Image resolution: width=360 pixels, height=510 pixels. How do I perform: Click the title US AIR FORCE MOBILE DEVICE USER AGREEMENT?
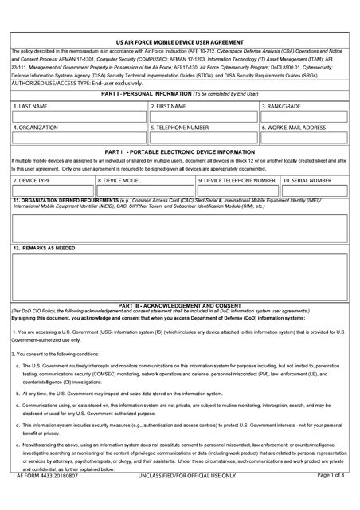pyautogui.click(x=179, y=42)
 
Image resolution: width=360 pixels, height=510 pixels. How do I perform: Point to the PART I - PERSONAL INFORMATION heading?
pyautogui.click(x=179, y=94)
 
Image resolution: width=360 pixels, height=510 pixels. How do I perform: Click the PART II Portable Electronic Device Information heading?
pyautogui.click(x=179, y=151)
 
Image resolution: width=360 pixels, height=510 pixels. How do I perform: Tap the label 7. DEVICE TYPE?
pyautogui.click(x=33, y=180)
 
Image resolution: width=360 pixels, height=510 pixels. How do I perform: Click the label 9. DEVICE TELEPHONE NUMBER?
pyautogui.click(x=237, y=180)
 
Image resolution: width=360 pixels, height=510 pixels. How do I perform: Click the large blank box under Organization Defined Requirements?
pyautogui.click(x=179, y=228)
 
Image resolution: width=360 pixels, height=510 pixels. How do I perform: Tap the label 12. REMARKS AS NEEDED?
pyautogui.click(x=45, y=248)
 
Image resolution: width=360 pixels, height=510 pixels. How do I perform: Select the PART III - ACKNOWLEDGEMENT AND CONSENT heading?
pyautogui.click(x=179, y=305)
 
